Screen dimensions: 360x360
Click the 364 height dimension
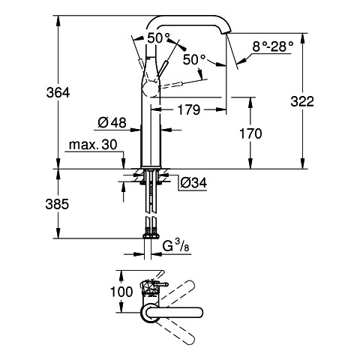point(58,93)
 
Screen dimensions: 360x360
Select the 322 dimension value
point(302,102)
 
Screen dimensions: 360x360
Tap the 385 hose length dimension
point(57,204)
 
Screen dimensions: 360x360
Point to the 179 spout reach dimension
point(189,109)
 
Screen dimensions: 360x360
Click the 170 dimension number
point(250,133)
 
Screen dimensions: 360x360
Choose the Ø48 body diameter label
point(112,123)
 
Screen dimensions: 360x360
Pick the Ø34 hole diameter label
point(193,183)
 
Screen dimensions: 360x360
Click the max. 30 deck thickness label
point(93,145)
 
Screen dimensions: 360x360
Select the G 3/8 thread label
point(175,246)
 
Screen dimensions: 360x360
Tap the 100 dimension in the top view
point(121,292)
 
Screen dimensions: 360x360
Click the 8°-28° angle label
point(272,46)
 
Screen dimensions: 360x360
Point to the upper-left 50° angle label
point(158,38)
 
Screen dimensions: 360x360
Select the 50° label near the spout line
point(194,60)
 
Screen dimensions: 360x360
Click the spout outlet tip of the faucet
point(226,32)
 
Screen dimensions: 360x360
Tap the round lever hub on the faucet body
point(150,89)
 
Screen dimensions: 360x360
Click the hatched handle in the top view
point(151,288)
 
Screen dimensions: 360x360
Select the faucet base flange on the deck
point(151,167)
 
